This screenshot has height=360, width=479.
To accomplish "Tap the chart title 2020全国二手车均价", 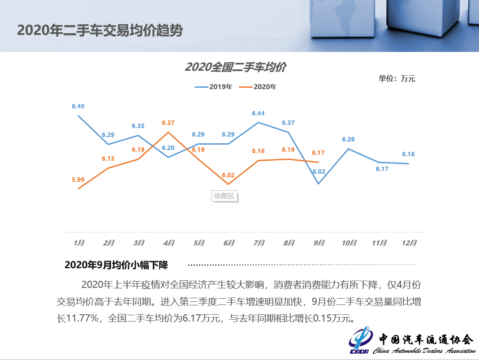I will pos(236,67).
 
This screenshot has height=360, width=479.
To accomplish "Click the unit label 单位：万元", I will pos(397,79).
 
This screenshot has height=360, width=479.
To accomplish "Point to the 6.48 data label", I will pos(78,106).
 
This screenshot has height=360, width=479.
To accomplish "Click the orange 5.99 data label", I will pos(78,180).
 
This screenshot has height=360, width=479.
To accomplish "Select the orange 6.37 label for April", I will pos(168,122).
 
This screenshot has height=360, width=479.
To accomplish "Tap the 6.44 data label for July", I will pos(258,113).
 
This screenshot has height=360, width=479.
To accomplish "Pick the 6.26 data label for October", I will pos(348,139).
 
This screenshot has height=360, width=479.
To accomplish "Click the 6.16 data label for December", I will pos(408,154).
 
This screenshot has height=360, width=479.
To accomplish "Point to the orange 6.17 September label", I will pos(318,153).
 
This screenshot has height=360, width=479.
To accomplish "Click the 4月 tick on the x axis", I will pos(169,243).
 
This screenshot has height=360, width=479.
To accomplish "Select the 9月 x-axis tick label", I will pos(319,243).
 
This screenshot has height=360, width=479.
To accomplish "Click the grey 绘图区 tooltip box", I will pos(224,196).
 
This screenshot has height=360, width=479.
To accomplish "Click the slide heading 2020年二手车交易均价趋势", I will pos(99,30).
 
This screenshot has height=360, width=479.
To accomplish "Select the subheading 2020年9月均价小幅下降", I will pos(116,265).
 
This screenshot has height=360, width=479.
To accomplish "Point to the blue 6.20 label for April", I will pos(168,148).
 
